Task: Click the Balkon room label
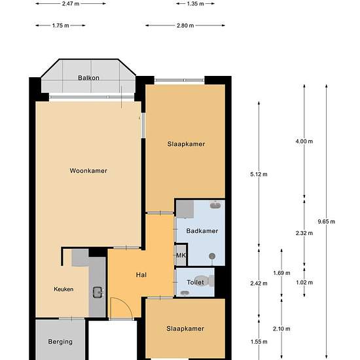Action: click(x=88, y=78)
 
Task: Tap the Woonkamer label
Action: click(x=88, y=171)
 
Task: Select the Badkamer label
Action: click(x=202, y=231)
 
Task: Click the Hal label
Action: click(x=141, y=275)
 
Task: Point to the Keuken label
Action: click(x=63, y=289)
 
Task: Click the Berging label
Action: click(x=60, y=342)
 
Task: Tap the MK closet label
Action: click(x=181, y=255)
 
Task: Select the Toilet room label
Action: click(x=196, y=282)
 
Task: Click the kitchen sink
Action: click(x=98, y=293)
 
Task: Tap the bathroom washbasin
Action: click(x=215, y=205)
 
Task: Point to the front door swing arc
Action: click(x=126, y=302)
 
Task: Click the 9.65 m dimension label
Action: click(x=326, y=221)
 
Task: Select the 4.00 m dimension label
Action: click(x=304, y=141)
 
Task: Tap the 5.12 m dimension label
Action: click(x=259, y=174)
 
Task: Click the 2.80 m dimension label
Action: click(x=185, y=26)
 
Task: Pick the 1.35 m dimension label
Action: click(x=196, y=4)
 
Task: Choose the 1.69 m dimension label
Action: click(x=281, y=273)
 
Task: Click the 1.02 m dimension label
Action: click(x=304, y=282)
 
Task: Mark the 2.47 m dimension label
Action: click(x=71, y=4)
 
